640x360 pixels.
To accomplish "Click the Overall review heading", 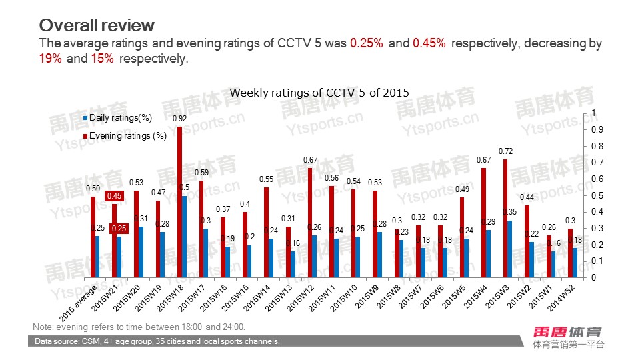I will [x=97, y=25].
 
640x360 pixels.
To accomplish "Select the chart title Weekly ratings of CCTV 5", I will [x=319, y=93].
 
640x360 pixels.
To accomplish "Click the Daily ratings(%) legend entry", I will [x=121, y=118].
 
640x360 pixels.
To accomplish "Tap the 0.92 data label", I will [x=179, y=119].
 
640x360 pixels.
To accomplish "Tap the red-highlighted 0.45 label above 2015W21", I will [x=115, y=196].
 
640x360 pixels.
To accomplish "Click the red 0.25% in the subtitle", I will [x=367, y=43].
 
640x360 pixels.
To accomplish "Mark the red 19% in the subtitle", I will [x=51, y=59].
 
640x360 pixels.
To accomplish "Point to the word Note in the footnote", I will [x=43, y=327].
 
